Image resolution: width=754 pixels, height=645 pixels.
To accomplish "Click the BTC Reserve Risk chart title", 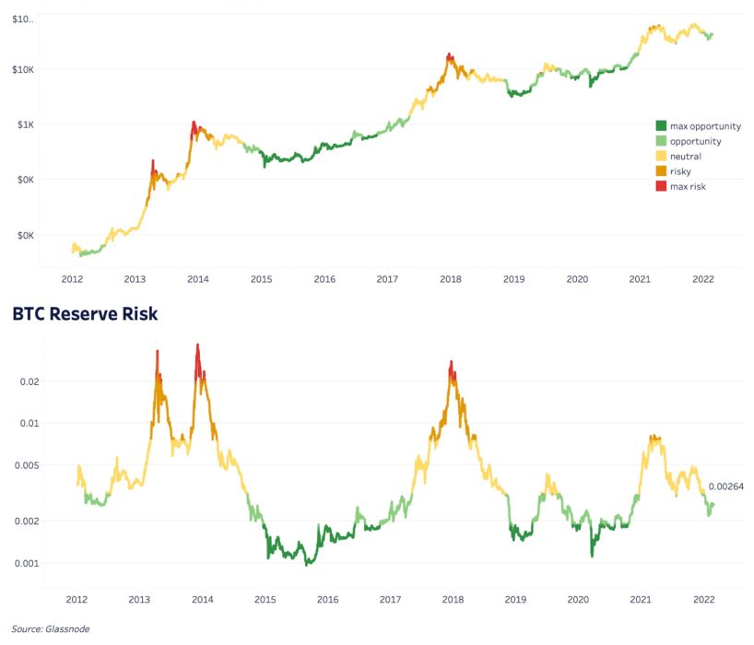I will tap(85, 314).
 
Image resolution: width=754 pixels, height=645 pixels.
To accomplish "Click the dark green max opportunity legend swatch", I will tap(661, 125).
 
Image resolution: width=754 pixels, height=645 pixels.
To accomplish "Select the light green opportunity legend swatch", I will tap(661, 141).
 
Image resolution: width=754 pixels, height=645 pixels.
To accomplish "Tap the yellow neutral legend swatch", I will tap(661, 156).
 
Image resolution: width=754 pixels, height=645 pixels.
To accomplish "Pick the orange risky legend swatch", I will tap(661, 171).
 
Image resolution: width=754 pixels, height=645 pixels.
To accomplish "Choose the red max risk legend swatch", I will tap(661, 186).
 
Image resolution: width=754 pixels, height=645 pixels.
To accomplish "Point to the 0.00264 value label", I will tap(725, 487).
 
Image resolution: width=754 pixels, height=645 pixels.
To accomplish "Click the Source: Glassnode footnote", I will tap(52, 628).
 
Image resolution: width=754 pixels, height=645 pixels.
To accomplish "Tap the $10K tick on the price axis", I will tap(21, 69).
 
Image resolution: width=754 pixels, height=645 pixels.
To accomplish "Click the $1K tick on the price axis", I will tap(24, 124).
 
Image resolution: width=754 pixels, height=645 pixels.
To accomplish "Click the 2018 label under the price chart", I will tap(451, 278).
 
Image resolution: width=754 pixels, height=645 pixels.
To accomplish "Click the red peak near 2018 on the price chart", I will tap(449, 57).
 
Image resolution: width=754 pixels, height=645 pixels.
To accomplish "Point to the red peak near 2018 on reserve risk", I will tap(451, 367).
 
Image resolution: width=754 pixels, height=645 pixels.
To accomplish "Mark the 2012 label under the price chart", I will tap(73, 278).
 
